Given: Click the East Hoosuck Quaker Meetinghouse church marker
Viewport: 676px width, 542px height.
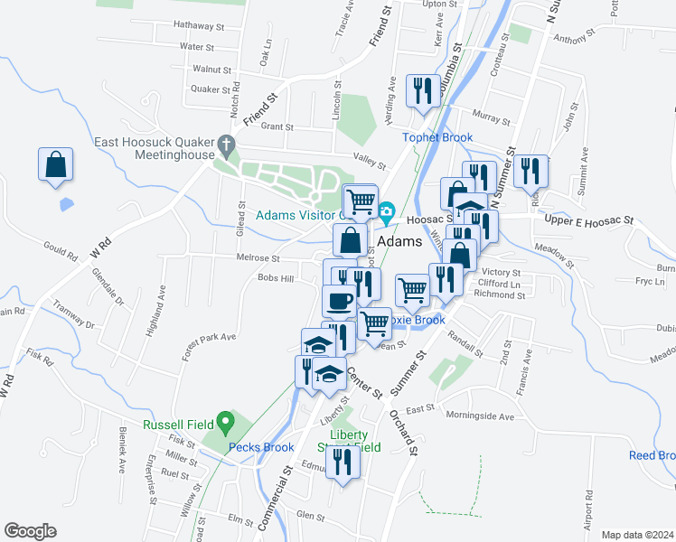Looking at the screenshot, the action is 227,145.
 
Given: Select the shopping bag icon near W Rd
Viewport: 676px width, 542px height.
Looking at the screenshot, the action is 55,165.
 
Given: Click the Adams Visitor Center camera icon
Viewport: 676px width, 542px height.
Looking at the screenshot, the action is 387,212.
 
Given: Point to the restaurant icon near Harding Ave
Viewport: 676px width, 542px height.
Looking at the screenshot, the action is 422,91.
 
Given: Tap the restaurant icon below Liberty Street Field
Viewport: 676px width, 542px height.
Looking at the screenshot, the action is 343,463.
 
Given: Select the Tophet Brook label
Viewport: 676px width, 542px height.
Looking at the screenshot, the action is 438,137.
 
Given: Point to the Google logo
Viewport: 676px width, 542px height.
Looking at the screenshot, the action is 30,531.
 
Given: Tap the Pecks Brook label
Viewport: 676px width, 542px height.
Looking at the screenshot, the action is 261,447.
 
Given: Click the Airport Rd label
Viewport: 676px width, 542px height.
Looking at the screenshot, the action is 588,509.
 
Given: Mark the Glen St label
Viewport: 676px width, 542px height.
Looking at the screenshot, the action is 310,516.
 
